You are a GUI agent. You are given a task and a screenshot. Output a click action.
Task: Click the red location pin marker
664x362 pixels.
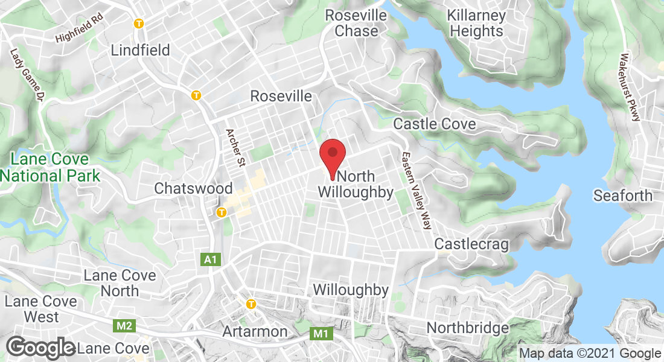coord(332,157)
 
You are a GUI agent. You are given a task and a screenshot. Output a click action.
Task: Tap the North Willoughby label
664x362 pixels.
coord(356,185)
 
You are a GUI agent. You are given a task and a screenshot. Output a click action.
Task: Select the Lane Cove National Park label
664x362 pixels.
coord(49,168)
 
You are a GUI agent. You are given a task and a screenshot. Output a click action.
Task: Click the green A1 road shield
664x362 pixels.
coord(209,259)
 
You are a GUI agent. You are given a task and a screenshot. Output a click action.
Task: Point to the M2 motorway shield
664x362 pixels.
coord(125,326)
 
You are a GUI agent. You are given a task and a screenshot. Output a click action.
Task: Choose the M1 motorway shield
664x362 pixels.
coord(320,333)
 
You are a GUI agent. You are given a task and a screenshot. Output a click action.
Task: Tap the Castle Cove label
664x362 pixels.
coord(435,124)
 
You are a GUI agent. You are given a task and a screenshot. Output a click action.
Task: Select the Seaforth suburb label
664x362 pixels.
coord(623,195)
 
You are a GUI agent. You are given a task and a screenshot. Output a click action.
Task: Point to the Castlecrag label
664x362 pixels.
coord(471,244)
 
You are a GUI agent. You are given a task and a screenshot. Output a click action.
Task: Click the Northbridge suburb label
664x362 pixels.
coord(468,328)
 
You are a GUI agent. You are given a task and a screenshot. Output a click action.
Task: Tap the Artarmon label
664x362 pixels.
coord(255,331)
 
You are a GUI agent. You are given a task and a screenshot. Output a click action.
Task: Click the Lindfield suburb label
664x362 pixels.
coord(141,49)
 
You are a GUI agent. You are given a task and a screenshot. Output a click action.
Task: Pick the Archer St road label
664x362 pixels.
coord(232,148)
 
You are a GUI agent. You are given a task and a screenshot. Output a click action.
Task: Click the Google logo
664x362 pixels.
coord(40,348)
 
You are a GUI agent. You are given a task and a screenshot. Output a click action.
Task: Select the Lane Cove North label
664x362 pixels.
coord(120,283)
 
